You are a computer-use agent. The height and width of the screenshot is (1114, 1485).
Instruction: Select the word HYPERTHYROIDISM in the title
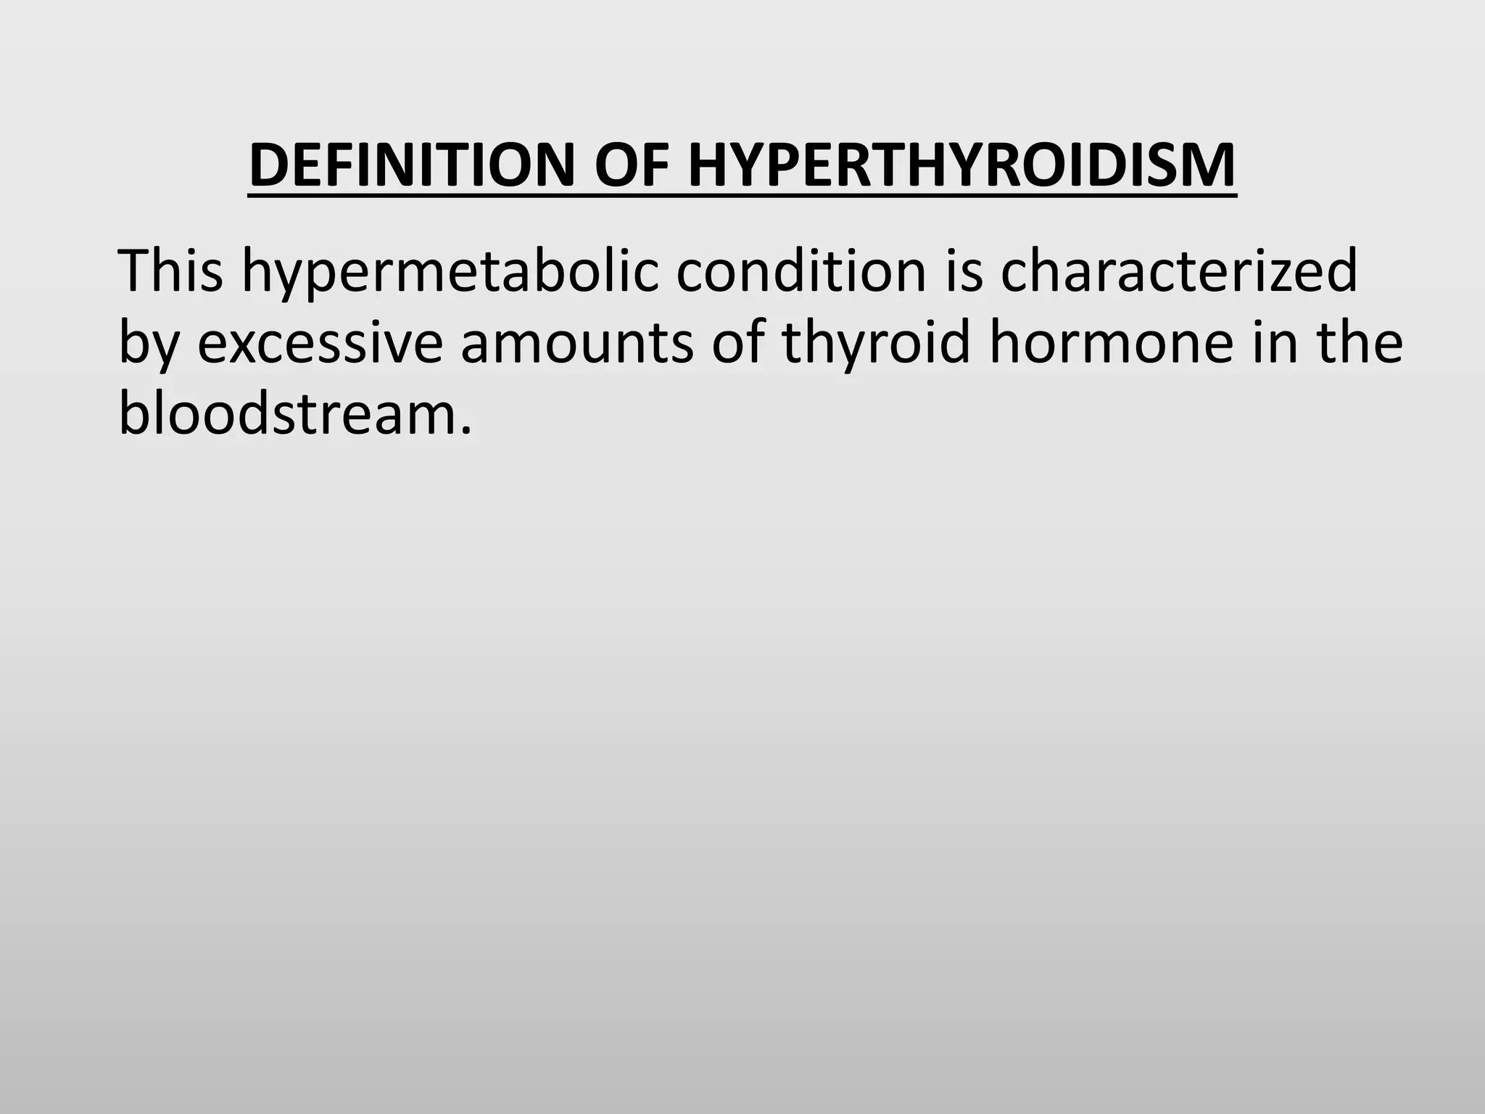pos(962,165)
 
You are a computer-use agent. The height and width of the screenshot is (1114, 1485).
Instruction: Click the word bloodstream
pos(286,413)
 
